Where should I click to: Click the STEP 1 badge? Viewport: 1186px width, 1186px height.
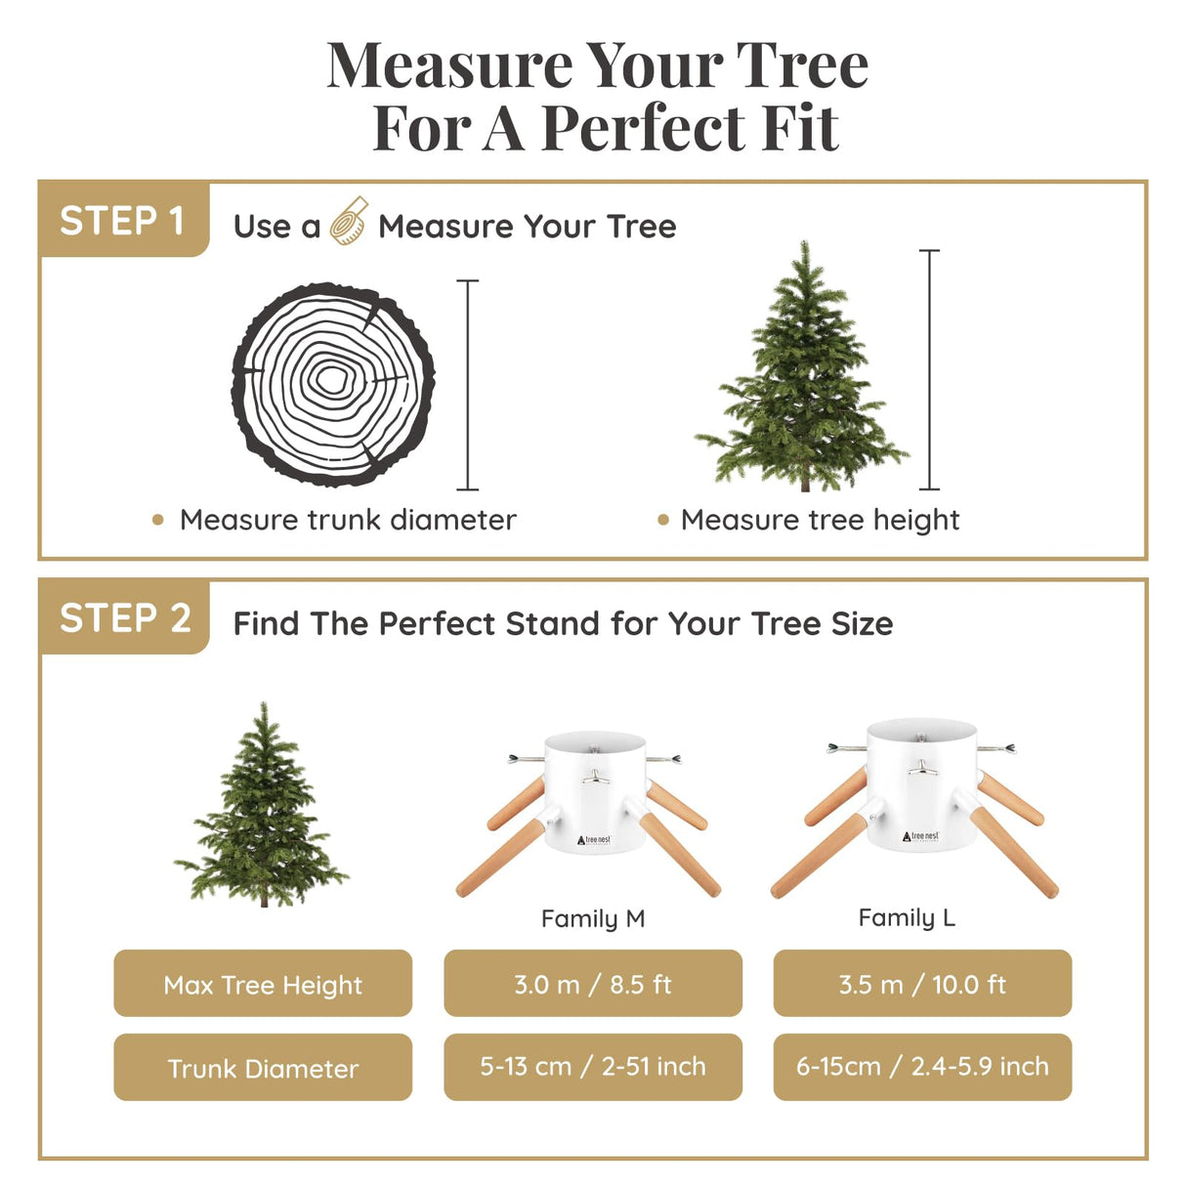click(x=123, y=221)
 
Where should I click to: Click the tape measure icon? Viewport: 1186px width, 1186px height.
click(x=348, y=221)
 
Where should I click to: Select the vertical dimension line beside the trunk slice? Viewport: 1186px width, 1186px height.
click(x=469, y=385)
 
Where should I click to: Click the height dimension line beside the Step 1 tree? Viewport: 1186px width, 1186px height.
click(x=930, y=369)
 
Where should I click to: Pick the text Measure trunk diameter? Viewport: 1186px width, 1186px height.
click(x=348, y=520)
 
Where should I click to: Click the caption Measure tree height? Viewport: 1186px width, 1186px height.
click(x=820, y=520)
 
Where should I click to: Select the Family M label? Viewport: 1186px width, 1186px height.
click(x=593, y=918)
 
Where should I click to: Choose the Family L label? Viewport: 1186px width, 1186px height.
click(x=907, y=917)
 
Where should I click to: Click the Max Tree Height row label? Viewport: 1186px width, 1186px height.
click(x=263, y=984)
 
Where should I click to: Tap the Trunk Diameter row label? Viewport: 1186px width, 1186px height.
click(x=263, y=1068)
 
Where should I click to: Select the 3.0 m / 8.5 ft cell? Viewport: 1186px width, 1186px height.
click(x=593, y=984)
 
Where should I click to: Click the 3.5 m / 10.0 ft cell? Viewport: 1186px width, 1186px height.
click(x=922, y=984)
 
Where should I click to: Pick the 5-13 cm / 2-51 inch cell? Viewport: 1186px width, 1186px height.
click(x=593, y=1067)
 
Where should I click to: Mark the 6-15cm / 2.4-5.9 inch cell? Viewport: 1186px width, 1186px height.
click(x=922, y=1067)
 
